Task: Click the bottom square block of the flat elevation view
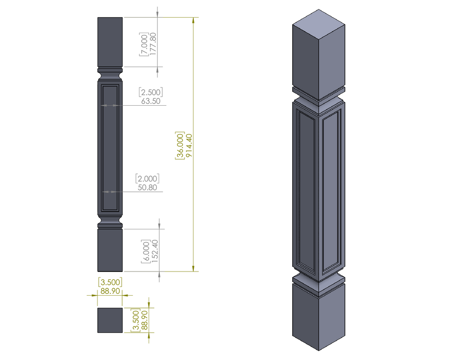click(x=110, y=250)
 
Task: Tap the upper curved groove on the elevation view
click(x=110, y=74)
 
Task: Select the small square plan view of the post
click(x=110, y=320)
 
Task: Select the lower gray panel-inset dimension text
click(x=148, y=182)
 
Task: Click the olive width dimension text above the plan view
click(x=110, y=285)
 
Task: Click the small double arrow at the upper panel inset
click(x=110, y=106)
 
